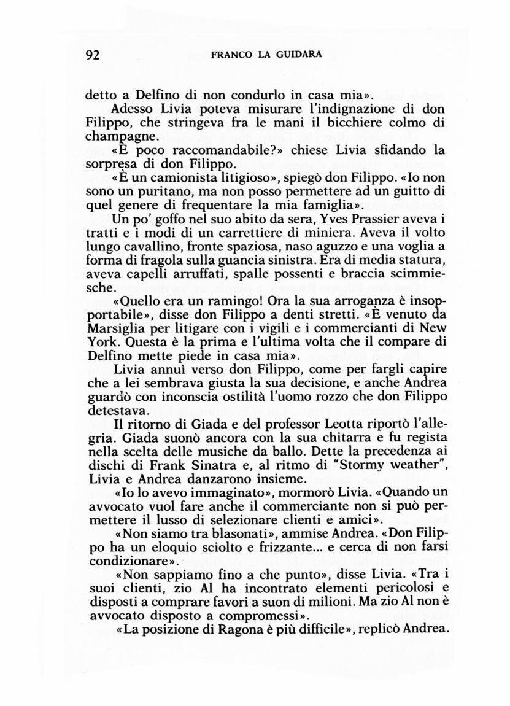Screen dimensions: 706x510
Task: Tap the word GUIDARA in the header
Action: (x=299, y=54)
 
